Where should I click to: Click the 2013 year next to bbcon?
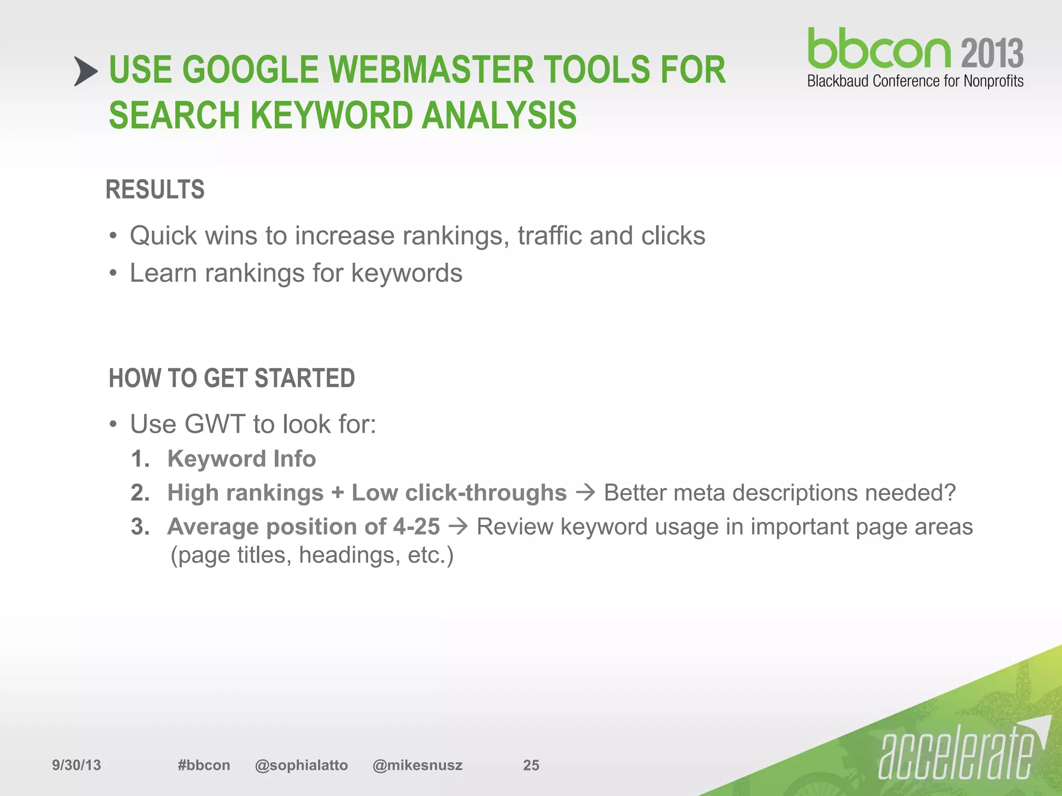point(993,53)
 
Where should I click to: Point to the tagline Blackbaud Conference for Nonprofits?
point(915,81)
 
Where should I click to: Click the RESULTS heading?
point(155,189)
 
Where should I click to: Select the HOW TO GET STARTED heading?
point(232,378)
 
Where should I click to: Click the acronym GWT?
point(215,424)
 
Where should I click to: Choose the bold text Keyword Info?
point(242,459)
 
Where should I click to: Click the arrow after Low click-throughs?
point(585,492)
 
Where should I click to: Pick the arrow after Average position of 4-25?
point(458,527)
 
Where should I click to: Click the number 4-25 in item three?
point(416,527)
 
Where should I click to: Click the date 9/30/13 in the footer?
point(77,765)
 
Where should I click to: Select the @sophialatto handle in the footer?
point(301,765)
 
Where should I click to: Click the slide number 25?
point(531,765)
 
